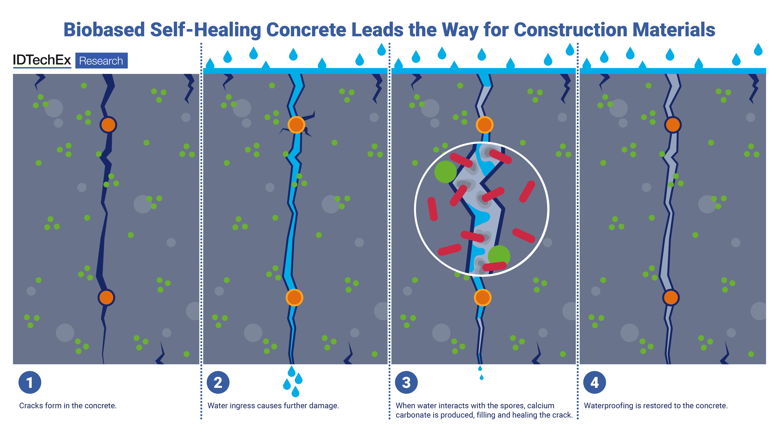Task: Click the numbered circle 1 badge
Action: (30, 382)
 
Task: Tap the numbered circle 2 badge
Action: (218, 382)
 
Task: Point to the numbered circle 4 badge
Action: (595, 382)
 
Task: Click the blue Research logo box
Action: (101, 60)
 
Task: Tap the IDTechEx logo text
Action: (42, 60)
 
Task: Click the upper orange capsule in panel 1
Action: (108, 125)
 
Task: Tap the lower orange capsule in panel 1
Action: (106, 297)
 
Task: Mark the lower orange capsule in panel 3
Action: (483, 297)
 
